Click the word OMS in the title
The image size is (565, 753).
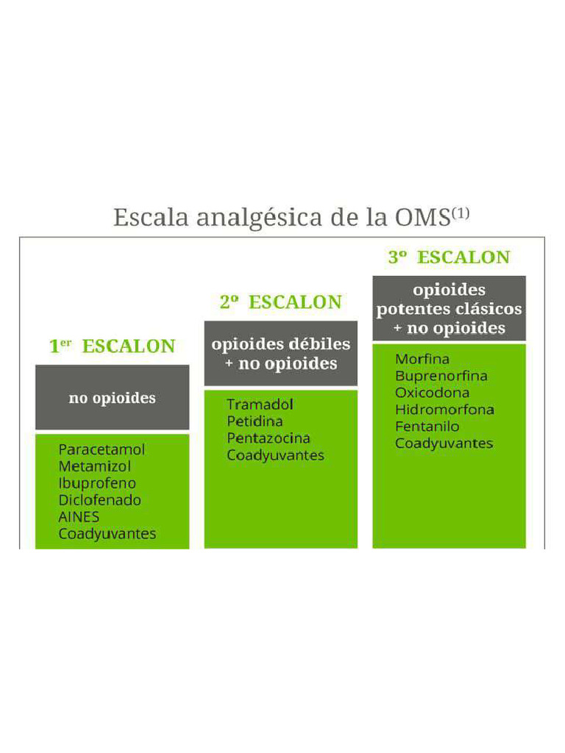(422, 218)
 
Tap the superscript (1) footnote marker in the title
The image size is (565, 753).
(460, 213)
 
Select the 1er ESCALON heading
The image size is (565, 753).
(112, 346)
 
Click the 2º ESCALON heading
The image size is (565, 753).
(280, 302)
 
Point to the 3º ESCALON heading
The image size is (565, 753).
(449, 257)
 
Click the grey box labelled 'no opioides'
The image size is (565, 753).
(112, 398)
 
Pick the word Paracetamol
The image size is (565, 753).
(102, 449)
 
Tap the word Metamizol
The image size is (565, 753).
(95, 466)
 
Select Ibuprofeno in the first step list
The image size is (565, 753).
(97, 483)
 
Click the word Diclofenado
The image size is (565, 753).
(99, 500)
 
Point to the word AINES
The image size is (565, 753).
(79, 517)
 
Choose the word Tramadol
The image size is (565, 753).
(260, 404)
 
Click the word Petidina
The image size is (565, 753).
(255, 421)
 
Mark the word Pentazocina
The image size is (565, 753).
(268, 438)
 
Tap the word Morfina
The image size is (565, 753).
(422, 360)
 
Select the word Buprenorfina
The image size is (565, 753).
(441, 376)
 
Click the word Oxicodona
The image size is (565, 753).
(432, 393)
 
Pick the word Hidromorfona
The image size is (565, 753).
(444, 410)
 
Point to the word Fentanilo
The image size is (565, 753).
(427, 427)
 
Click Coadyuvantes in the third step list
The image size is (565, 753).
(444, 443)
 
